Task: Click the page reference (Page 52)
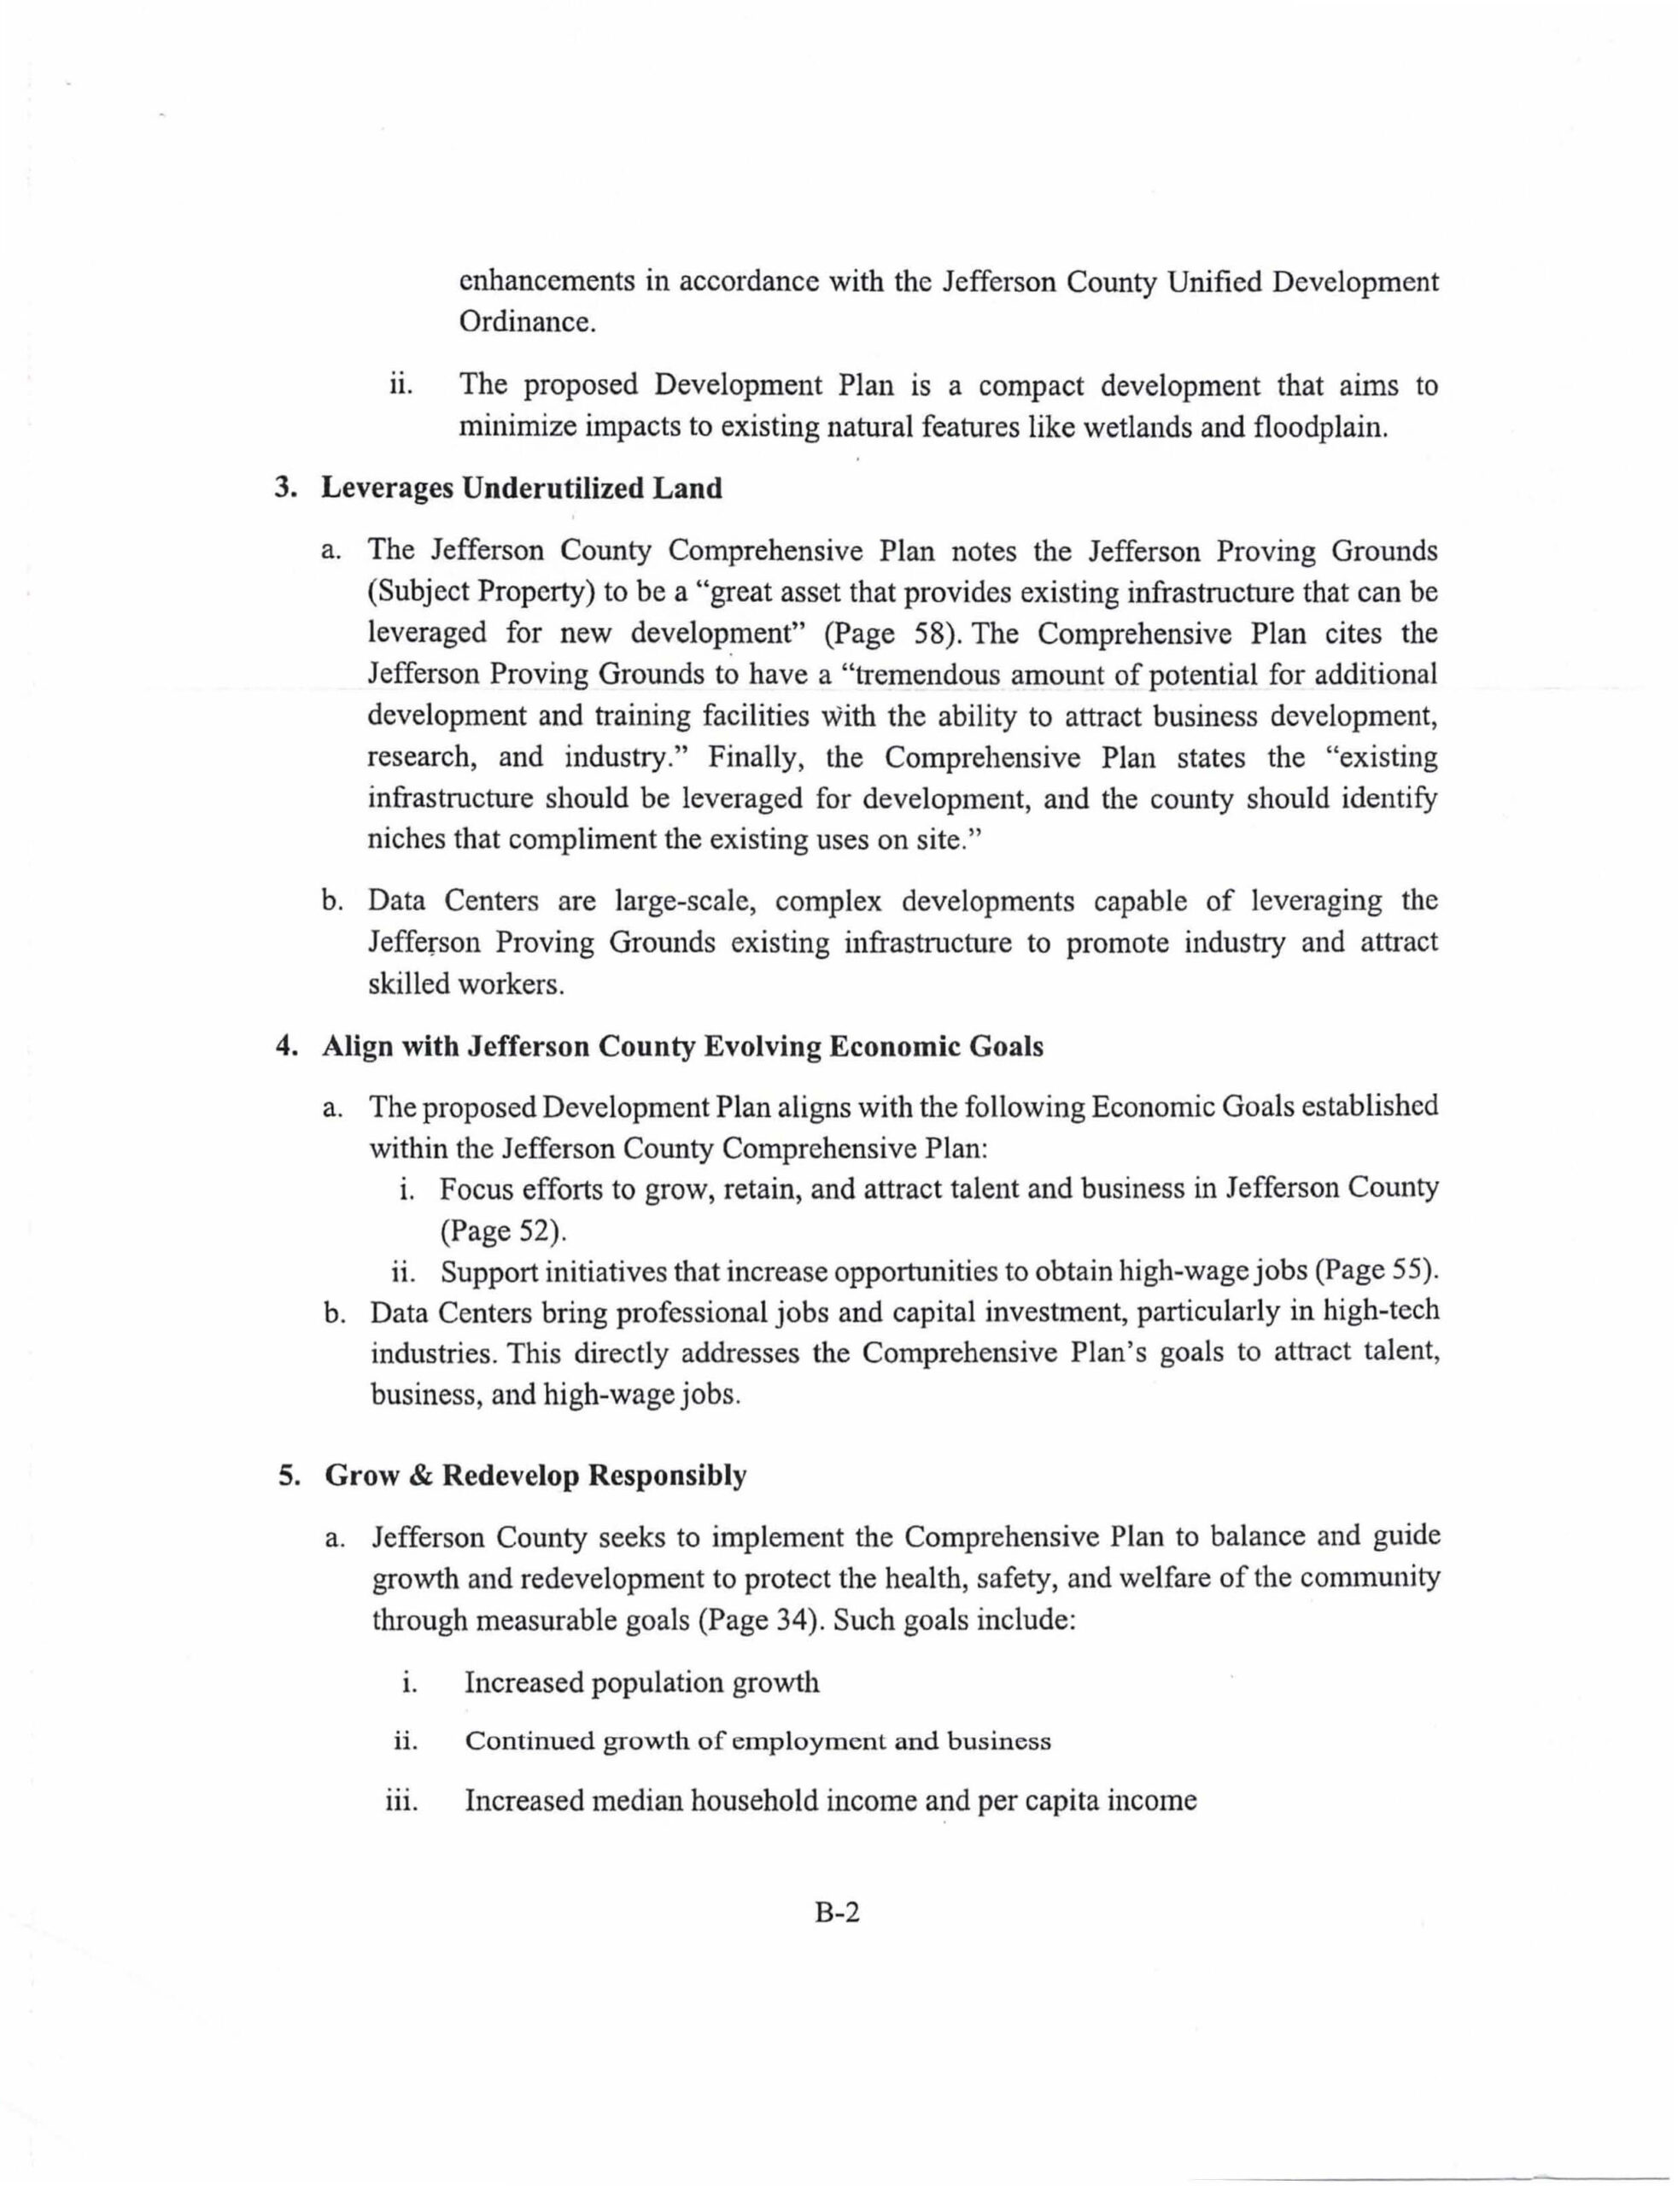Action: pos(504,1230)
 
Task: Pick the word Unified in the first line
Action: pos(1214,282)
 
